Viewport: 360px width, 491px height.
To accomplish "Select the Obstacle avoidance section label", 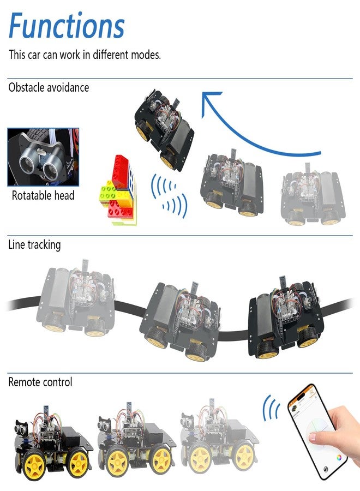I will click(x=49, y=87).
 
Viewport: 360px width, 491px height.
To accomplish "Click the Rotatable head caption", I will click(x=43, y=195).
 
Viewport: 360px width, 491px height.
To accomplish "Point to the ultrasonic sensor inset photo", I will click(x=43, y=157).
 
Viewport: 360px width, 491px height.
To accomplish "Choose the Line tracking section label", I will click(x=34, y=245).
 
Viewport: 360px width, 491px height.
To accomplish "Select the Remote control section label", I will click(x=40, y=382).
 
